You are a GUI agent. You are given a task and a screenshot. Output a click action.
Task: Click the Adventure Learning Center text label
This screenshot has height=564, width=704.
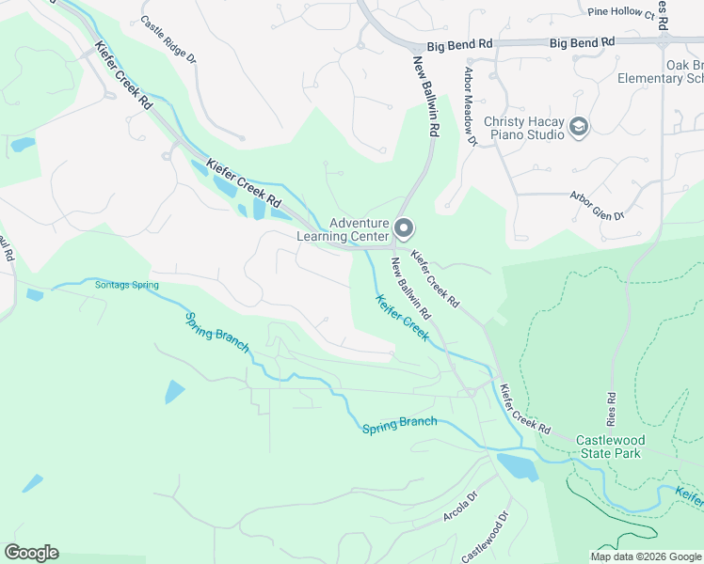(343, 229)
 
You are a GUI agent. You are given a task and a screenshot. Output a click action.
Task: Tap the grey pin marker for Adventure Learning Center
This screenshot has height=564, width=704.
(405, 228)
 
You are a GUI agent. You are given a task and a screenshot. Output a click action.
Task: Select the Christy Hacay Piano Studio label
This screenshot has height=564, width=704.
(524, 127)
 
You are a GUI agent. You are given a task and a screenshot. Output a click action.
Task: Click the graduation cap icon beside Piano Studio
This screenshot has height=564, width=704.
(580, 126)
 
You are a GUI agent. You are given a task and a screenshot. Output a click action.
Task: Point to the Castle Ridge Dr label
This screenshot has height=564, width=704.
(168, 39)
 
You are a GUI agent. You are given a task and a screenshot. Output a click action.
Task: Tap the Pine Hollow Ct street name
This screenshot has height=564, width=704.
(620, 13)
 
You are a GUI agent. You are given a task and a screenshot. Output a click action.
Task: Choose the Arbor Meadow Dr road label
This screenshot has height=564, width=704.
(471, 104)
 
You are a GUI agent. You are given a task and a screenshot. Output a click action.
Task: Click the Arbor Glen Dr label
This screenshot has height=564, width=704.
(598, 206)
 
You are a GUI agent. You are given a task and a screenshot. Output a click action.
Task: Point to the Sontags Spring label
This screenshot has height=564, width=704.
(127, 285)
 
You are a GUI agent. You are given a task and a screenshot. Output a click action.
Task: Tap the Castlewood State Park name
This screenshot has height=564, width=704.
(608, 446)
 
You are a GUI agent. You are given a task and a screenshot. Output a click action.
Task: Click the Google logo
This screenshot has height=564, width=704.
(31, 553)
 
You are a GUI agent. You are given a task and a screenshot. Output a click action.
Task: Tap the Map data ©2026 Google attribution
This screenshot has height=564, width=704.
(646, 556)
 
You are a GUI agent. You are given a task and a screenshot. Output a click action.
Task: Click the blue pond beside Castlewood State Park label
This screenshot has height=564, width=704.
(516, 466)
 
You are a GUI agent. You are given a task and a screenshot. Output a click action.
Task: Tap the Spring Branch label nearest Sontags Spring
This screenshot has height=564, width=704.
(216, 333)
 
